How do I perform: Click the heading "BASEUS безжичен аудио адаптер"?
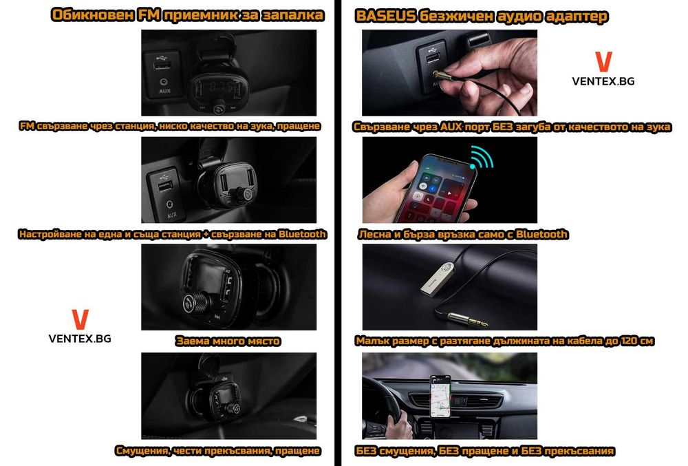(482, 15)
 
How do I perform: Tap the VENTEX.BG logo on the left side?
(80, 327)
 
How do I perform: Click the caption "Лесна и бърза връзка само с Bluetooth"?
(463, 234)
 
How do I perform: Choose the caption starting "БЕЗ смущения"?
(485, 451)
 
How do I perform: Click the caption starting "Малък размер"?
(505, 341)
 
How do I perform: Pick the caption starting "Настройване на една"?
(173, 234)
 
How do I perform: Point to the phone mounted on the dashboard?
(440, 396)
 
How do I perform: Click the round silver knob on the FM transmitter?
(193, 301)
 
